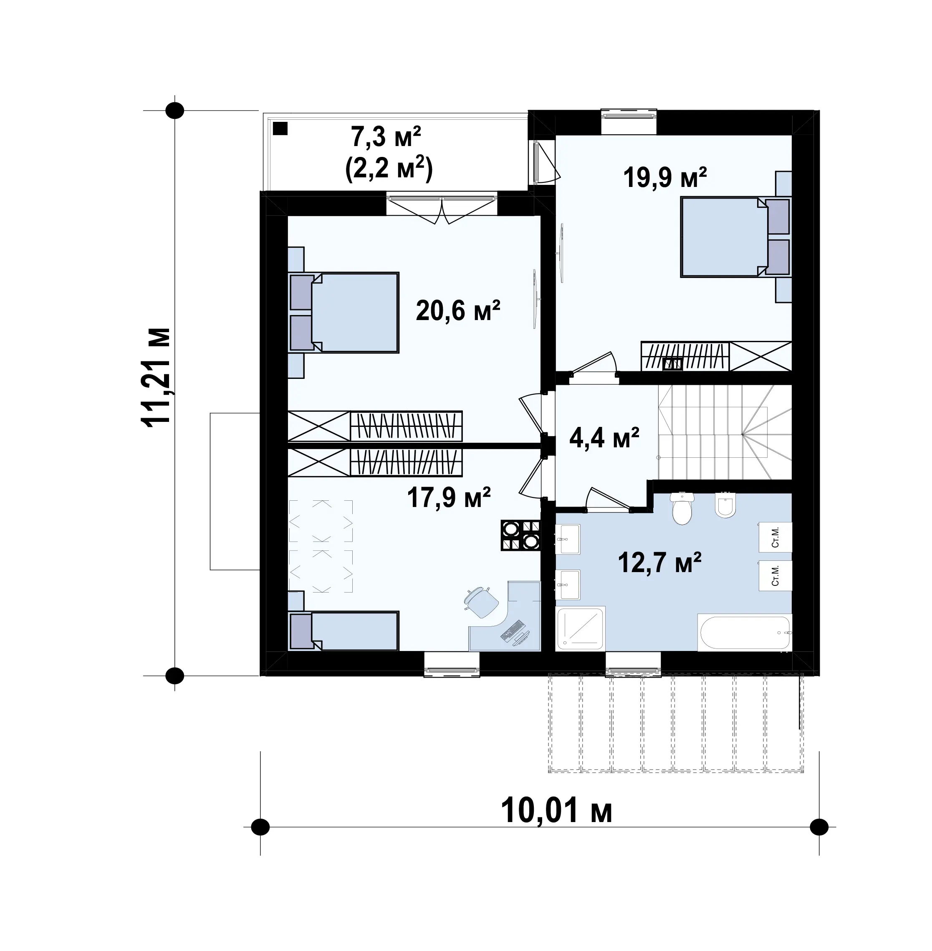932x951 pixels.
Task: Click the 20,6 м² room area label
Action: tap(458, 310)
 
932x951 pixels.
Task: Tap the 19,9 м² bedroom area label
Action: tap(665, 177)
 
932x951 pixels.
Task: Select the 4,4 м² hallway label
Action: tap(604, 438)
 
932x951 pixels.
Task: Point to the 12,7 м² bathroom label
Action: tap(659, 563)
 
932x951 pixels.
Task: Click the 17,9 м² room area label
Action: tap(449, 497)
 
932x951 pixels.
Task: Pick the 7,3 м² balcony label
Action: tap(386, 136)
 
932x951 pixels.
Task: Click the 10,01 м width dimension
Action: tap(556, 811)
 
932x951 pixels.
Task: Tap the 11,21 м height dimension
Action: tap(156, 377)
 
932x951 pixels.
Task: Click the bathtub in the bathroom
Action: tap(744, 633)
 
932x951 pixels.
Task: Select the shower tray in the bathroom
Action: tap(581, 628)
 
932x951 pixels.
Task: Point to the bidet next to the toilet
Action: tap(725, 505)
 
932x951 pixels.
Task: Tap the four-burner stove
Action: tap(521, 535)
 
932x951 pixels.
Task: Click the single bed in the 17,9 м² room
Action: tap(344, 631)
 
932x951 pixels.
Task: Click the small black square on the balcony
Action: tap(280, 128)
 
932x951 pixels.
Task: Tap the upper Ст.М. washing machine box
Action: tap(775, 537)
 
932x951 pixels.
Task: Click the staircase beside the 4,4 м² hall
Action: tap(725, 432)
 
